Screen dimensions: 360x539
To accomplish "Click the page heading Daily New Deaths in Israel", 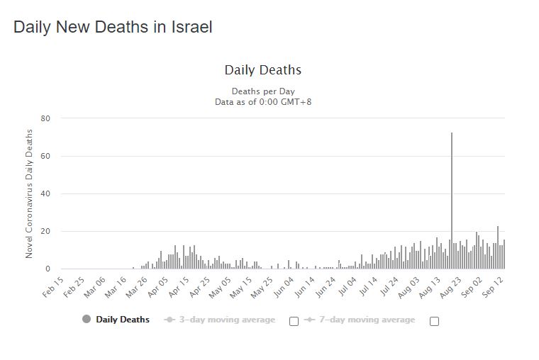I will [x=113, y=28].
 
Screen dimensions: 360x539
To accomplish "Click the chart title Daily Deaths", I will [x=263, y=70].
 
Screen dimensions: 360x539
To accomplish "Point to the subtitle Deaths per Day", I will [x=263, y=91].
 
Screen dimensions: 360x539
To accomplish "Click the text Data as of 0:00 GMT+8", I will [x=263, y=102].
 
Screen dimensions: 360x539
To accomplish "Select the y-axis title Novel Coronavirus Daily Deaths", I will [x=30, y=193].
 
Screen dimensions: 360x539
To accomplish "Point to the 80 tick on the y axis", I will [x=45, y=118].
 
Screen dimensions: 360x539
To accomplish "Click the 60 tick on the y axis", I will [x=45, y=156].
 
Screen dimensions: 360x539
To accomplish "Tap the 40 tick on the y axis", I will [x=45, y=193].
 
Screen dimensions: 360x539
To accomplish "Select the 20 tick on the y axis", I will [x=45, y=231].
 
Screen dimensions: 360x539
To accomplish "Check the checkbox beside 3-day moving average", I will [x=294, y=321].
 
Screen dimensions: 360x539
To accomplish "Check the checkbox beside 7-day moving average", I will [x=434, y=321].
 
